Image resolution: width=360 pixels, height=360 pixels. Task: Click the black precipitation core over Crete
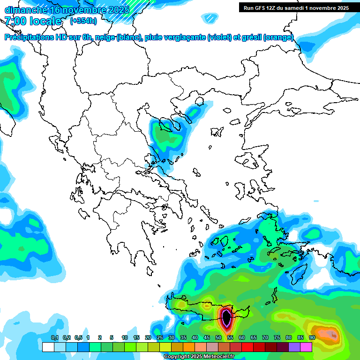227,318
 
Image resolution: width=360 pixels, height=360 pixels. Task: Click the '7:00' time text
15,21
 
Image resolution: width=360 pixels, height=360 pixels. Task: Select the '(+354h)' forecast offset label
83,21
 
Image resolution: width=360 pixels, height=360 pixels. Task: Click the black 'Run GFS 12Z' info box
296,7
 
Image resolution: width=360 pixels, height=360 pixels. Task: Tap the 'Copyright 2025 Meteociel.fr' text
199,357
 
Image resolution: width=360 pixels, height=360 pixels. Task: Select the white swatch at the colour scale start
48,347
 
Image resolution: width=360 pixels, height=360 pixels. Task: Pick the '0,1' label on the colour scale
54,338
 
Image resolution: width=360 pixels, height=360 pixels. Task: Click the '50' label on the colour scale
218,338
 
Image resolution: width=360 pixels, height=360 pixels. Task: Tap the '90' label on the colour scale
312,338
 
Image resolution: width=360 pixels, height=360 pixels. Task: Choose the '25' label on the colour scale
160,338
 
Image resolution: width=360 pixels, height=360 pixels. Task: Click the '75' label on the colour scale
277,338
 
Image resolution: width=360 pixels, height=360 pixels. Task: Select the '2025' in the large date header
119,10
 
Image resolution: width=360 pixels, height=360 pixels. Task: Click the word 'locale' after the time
45,21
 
